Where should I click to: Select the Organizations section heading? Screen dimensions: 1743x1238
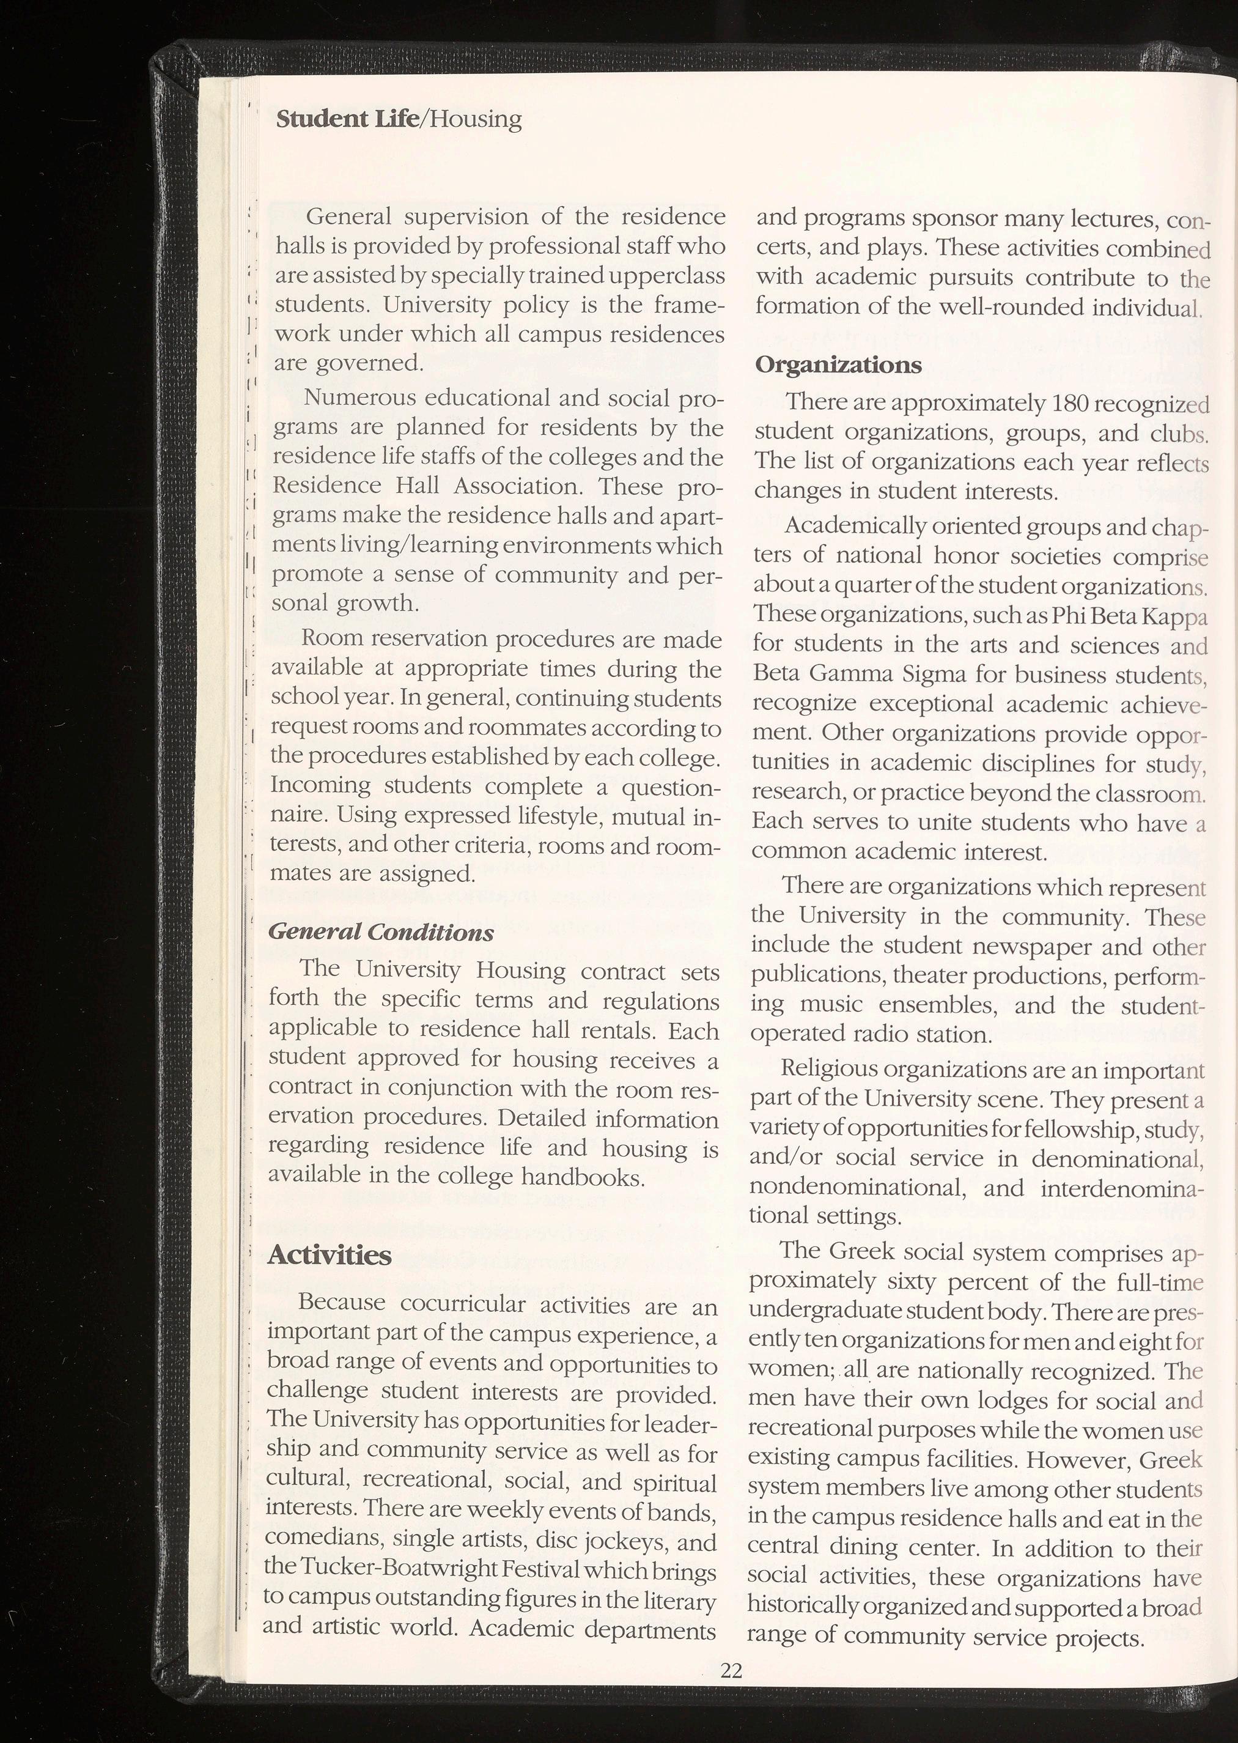(x=838, y=365)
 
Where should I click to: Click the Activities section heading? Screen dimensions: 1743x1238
(x=330, y=1255)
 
